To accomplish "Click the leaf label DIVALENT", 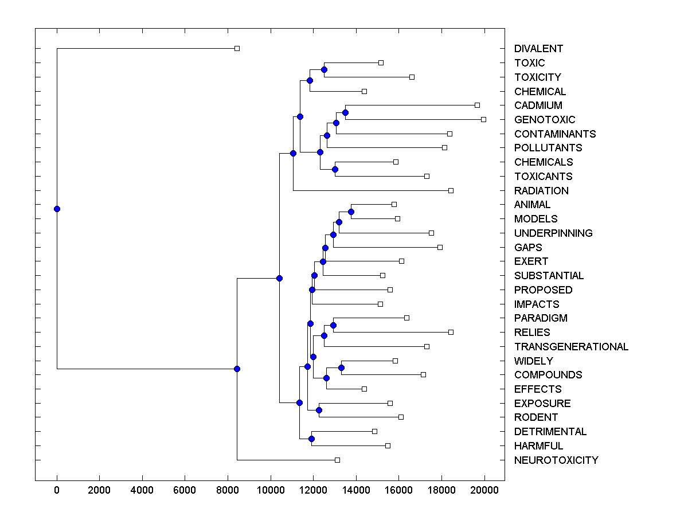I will tap(538, 49).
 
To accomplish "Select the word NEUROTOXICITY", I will tap(556, 460).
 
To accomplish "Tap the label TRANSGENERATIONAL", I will tap(571, 347).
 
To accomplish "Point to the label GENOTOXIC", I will tap(544, 120).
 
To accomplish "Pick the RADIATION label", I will tap(541, 191).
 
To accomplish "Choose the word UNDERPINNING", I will tap(553, 233).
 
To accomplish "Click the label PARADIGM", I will tap(541, 318).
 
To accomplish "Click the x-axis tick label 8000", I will tap(228, 490).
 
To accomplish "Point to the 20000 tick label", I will tap(484, 490).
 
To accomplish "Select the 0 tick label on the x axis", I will tap(57, 490).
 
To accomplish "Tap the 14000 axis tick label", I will tap(356, 490).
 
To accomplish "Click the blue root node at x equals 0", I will tap(57, 209).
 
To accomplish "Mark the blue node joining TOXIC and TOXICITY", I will tap(324, 69).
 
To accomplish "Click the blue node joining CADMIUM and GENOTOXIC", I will tap(345, 112).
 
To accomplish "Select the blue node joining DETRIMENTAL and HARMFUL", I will tap(311, 439).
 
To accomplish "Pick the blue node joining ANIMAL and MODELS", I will tap(351, 212).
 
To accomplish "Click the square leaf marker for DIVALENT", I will tap(237, 49).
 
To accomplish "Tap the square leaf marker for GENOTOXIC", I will tap(483, 119).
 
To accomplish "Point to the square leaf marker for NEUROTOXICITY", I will tap(337, 460).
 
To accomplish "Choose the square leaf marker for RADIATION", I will tap(451, 190).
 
